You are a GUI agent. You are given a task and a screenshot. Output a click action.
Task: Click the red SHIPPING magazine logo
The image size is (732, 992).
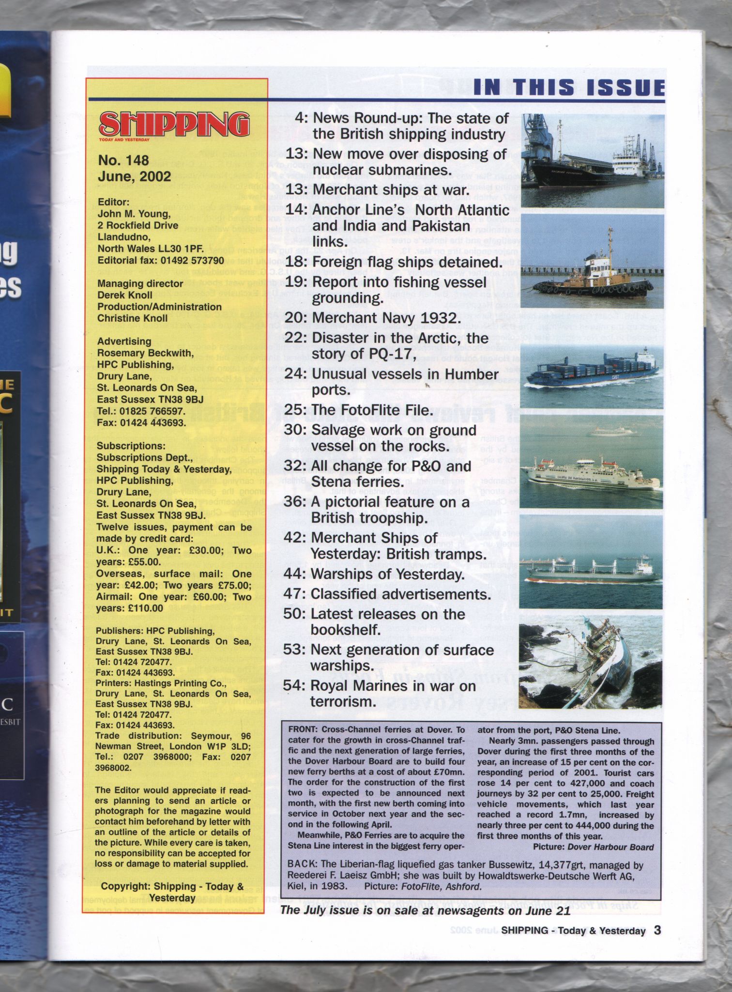(x=174, y=124)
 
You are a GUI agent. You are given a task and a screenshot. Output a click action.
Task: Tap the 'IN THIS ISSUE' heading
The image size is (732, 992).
(x=569, y=88)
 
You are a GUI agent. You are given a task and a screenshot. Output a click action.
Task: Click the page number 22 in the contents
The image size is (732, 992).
(x=294, y=338)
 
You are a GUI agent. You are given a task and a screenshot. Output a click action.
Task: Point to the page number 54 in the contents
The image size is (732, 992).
(x=294, y=686)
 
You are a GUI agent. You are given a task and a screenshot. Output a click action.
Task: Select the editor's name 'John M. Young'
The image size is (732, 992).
(x=134, y=214)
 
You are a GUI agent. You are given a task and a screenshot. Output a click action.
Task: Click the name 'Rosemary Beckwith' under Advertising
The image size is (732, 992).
(x=145, y=353)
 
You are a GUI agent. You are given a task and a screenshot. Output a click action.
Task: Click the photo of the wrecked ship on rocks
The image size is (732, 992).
(x=590, y=662)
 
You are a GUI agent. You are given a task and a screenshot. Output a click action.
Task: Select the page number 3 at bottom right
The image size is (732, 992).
(x=657, y=930)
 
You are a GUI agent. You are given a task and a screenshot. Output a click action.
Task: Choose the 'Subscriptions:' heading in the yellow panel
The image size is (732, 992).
(x=131, y=446)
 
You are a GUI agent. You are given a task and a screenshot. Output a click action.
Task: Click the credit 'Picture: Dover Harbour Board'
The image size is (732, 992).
(x=593, y=847)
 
